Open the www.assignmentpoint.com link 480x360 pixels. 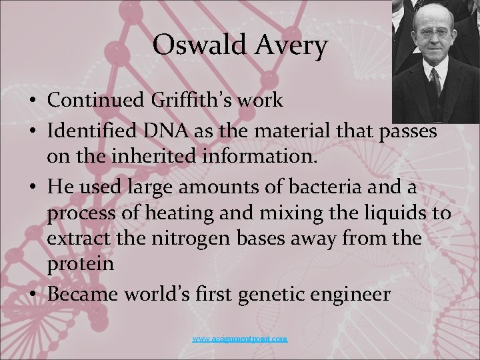[240, 339]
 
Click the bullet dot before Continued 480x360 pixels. [33, 101]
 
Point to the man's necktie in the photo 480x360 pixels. [434, 83]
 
